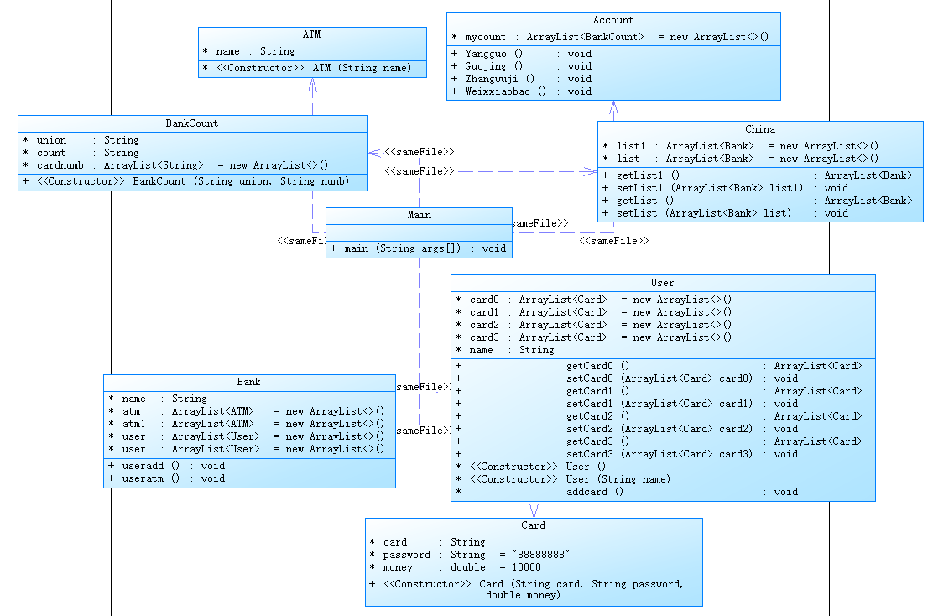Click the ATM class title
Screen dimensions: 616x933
312,35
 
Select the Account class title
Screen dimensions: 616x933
613,20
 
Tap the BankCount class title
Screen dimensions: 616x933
192,123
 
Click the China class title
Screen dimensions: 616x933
760,129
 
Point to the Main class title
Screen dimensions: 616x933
419,215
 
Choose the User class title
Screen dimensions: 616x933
662,283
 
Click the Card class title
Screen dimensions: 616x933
534,525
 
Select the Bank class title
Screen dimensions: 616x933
248,382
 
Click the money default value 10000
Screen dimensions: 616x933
526,567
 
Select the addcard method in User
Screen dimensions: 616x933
595,492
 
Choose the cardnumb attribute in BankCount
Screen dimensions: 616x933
60,165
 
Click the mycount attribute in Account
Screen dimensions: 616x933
486,37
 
